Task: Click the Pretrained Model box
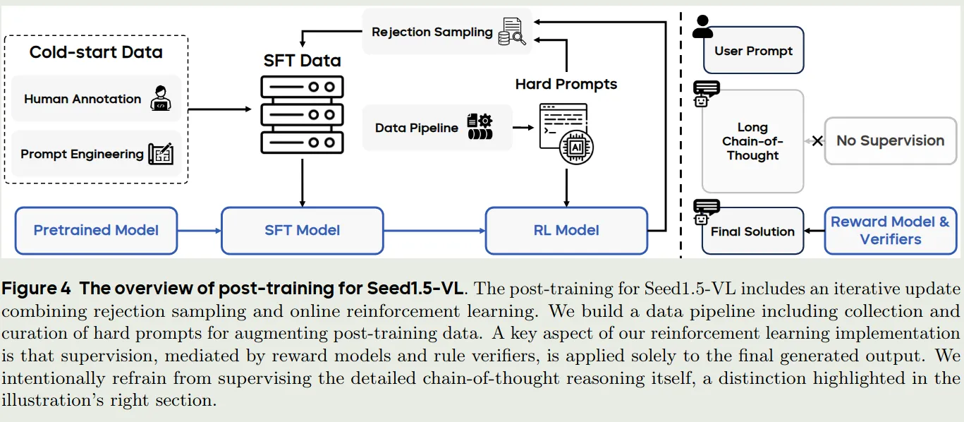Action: (97, 230)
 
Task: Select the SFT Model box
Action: (302, 230)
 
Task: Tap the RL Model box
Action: (566, 230)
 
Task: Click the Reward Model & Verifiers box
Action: (891, 230)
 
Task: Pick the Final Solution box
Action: (752, 231)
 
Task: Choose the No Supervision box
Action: (891, 141)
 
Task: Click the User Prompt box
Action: (754, 50)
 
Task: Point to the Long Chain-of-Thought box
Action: (752, 141)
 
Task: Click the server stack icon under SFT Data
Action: (302, 114)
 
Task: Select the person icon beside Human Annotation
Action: (161, 98)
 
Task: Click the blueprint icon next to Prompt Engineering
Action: (161, 154)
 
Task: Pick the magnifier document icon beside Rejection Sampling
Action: (512, 32)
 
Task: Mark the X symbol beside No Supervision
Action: (817, 141)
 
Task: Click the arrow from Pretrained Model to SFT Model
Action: (200, 231)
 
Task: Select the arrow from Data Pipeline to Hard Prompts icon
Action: (523, 128)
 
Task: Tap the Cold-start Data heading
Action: (96, 52)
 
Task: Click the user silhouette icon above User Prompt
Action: (702, 27)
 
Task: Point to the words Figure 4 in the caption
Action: (36, 288)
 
